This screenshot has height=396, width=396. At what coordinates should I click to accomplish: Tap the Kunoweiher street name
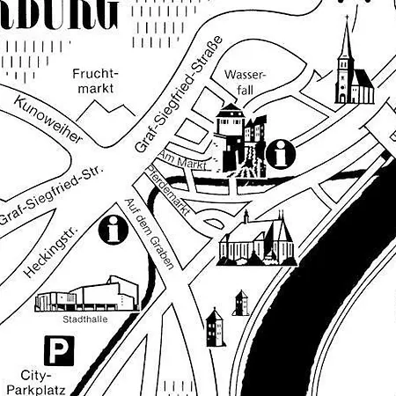pyautogui.click(x=48, y=123)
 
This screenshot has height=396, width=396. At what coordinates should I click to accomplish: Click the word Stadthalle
pyautogui.click(x=87, y=319)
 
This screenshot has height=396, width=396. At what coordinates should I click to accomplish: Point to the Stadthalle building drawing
pyautogui.click(x=88, y=294)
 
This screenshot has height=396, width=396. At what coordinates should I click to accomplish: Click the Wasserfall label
pyautogui.click(x=244, y=83)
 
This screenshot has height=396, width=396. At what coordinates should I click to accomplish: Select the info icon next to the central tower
pyautogui.click(x=282, y=155)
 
